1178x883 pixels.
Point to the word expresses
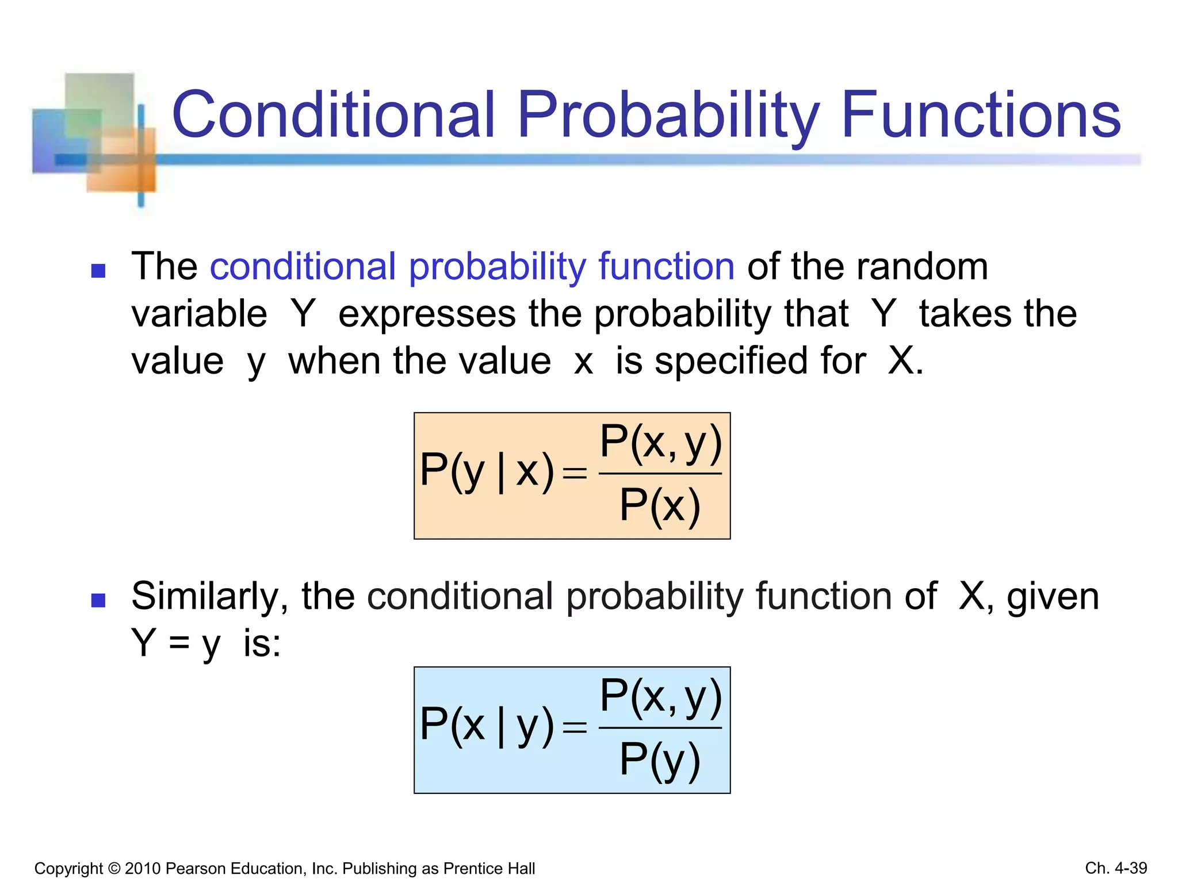pos(427,314)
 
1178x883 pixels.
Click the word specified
pos(760,362)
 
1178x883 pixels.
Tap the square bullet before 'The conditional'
pos(98,270)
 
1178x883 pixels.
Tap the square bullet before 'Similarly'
pos(98,600)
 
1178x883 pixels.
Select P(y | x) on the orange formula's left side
pos(487,471)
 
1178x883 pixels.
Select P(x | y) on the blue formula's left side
pos(487,725)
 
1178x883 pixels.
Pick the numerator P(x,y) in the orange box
pos(660,443)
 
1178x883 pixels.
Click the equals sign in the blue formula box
pos(575,728)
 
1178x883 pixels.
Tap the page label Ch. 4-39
pos(1116,868)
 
